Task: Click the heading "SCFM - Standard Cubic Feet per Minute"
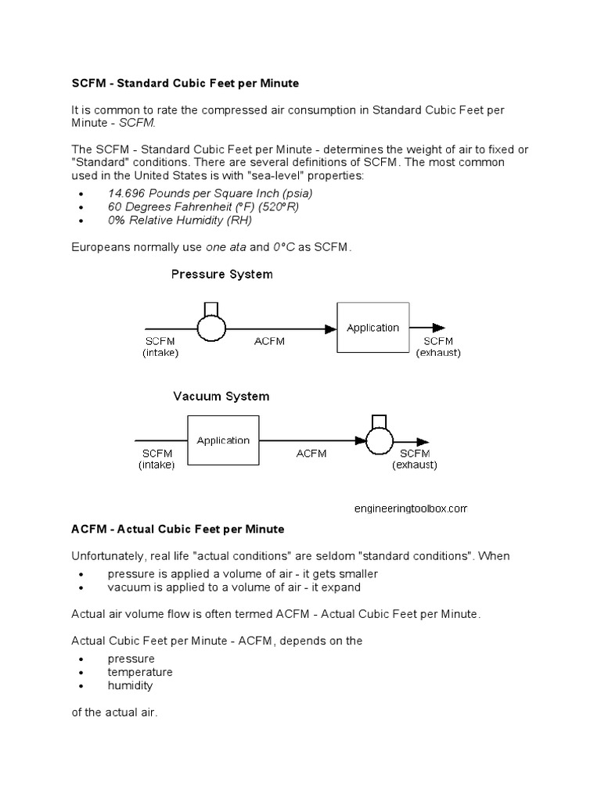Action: pos(185,82)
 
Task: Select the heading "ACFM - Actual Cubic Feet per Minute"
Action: pos(178,530)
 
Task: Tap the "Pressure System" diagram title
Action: pos(222,275)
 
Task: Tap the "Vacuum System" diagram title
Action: pos(221,397)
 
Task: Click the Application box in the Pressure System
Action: pos(372,328)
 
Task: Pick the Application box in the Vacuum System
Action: pos(223,440)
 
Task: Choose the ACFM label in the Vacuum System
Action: pos(311,454)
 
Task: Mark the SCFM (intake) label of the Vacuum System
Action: pos(157,459)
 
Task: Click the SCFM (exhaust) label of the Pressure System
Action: pos(438,347)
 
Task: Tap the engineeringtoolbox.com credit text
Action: pos(410,508)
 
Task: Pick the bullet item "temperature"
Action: pos(140,672)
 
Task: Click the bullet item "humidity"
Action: pos(130,686)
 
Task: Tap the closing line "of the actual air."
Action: pos(114,713)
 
